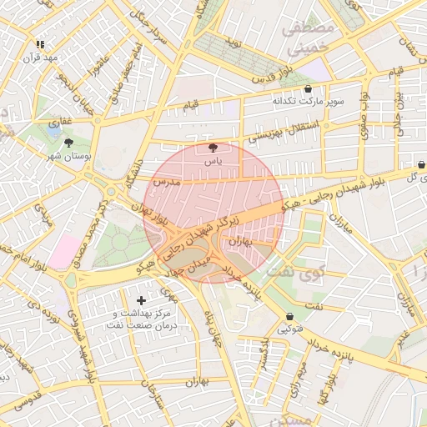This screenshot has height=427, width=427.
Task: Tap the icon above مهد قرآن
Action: [x=40, y=44]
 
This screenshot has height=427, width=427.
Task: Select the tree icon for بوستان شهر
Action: [x=69, y=143]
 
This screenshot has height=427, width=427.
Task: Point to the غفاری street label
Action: [x=59, y=123]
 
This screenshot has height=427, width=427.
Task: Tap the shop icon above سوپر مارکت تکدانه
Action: [x=309, y=88]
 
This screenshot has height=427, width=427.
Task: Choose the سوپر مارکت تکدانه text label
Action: [x=305, y=101]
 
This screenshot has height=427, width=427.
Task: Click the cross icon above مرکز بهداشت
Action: [x=140, y=299]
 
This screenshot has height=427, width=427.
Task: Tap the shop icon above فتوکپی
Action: [x=289, y=317]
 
